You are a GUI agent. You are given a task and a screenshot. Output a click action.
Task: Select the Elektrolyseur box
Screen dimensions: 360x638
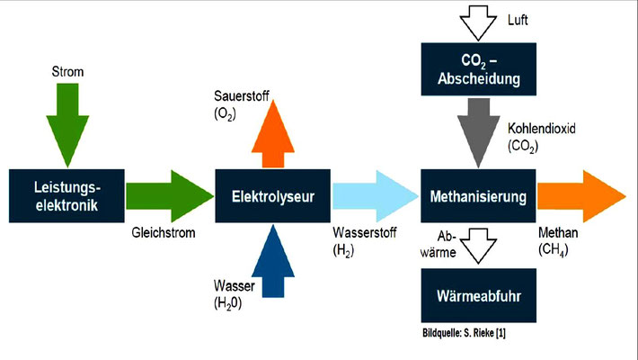click(272, 195)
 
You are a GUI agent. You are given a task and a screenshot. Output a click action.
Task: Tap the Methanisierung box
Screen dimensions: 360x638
click(479, 195)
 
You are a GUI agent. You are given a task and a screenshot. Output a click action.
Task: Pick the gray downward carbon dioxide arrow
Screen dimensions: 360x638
click(479, 126)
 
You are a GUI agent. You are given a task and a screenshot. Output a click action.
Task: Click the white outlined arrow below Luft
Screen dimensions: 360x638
click(479, 19)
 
